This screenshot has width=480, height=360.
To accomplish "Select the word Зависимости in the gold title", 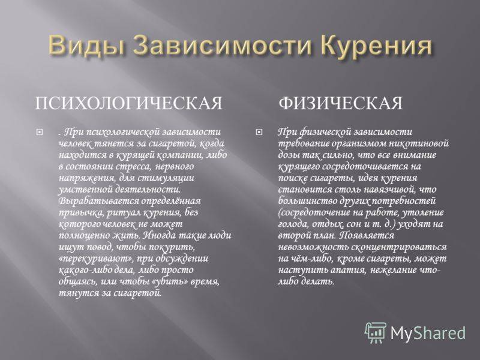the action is point(214,45).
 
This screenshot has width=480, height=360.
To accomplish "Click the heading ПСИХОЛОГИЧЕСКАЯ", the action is point(128,103).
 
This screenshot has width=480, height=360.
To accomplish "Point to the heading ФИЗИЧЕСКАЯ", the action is point(340,103).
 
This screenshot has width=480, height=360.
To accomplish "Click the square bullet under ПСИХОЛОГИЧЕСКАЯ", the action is point(40,133).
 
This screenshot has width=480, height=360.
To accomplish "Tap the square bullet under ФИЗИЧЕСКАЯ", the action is point(259,133).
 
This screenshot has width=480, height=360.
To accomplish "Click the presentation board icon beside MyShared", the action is point(376,332).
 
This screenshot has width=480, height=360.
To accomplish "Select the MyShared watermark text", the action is point(428,333).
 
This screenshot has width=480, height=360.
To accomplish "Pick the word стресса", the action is point(136,167).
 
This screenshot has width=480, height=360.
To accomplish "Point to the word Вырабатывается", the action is point(98,201).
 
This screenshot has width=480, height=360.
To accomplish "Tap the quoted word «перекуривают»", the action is point(96,259).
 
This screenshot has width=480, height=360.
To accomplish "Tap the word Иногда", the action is point(160,235).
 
